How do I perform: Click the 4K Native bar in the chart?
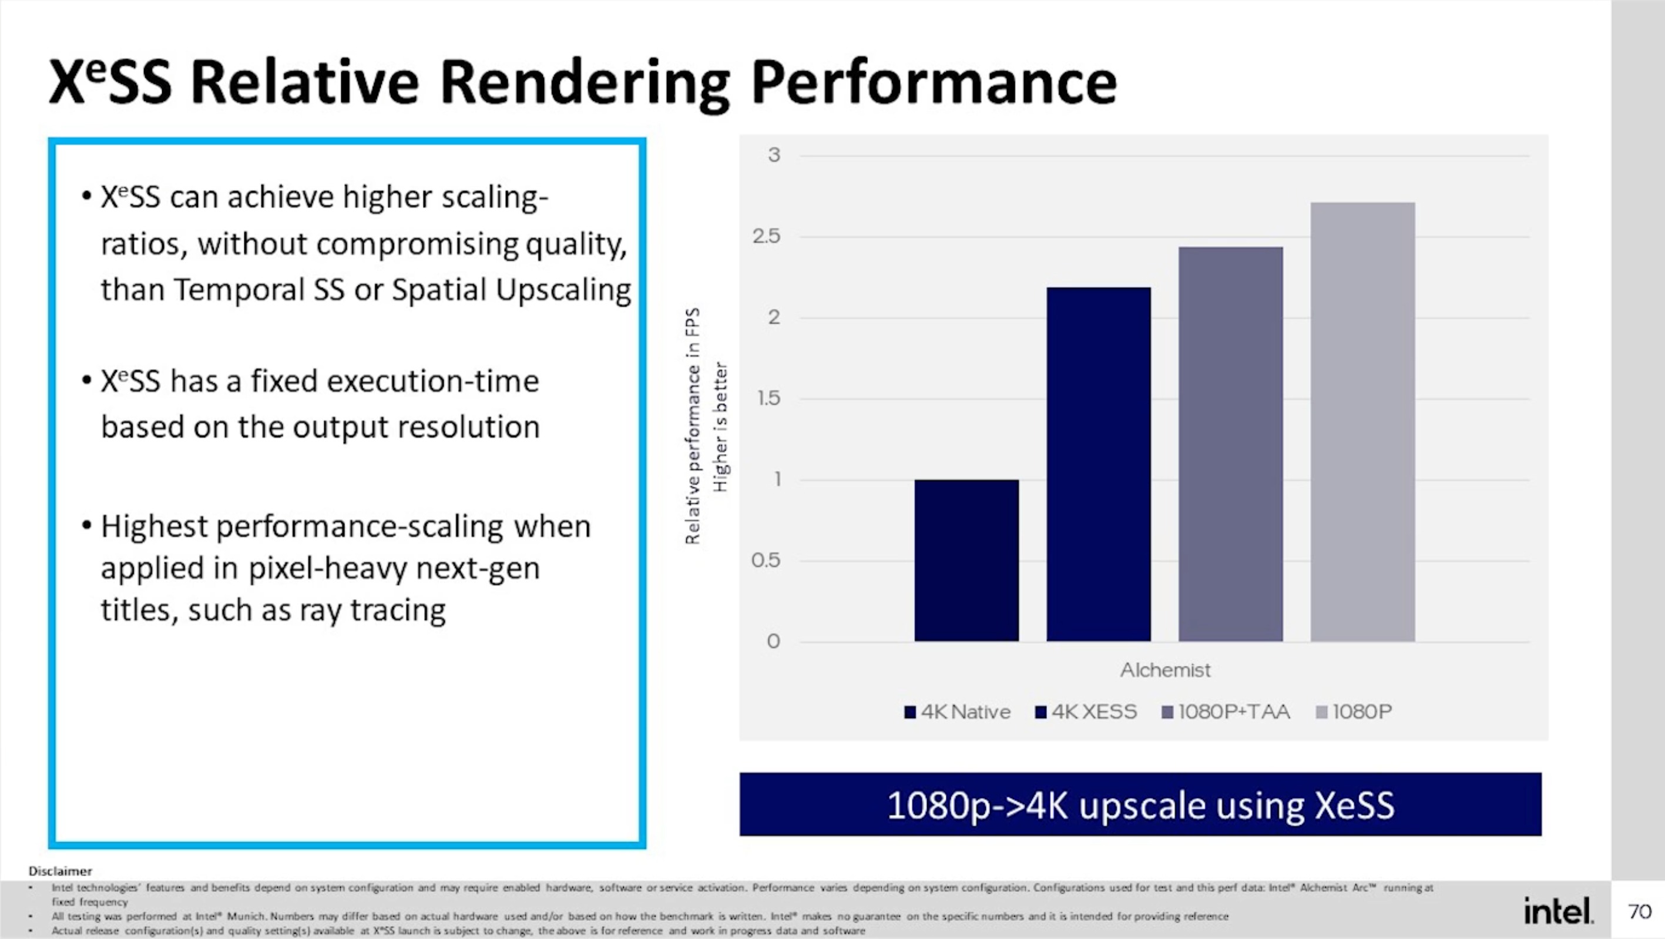pos(966,561)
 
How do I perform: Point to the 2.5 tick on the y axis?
pos(767,237)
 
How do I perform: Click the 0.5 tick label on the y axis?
pos(766,561)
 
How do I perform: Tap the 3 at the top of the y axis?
pos(774,155)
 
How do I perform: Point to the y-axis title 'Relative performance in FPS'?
pos(692,427)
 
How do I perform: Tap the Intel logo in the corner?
pos(1558,911)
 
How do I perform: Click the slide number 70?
pos(1640,911)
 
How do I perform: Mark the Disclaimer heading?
pos(60,871)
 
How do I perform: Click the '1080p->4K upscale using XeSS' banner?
pos(1140,804)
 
